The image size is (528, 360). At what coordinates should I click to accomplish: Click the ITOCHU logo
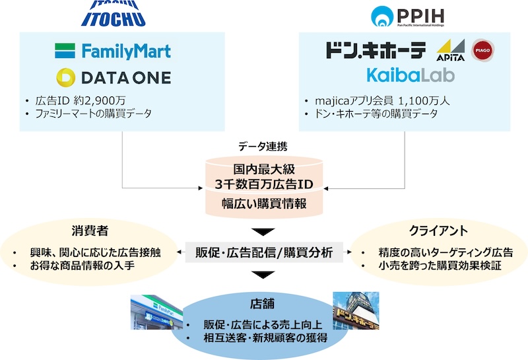coord(113,13)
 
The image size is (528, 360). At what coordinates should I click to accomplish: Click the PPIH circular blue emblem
coord(382,16)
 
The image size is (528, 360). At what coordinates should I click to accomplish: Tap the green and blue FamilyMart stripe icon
coord(65,51)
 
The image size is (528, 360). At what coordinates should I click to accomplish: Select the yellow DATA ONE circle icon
coord(65,77)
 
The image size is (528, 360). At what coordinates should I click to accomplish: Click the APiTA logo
coord(451,50)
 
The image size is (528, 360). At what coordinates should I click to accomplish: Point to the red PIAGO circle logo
coord(482,50)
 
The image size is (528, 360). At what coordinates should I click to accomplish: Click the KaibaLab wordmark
coord(411,75)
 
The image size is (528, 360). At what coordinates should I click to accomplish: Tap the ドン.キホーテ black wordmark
coord(376,50)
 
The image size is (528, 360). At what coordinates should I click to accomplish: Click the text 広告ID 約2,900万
coord(81,100)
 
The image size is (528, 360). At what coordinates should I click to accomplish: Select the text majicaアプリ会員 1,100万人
coord(382,100)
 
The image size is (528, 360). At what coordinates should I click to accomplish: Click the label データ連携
coord(263,146)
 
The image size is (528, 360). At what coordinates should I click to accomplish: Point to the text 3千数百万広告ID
coord(264,184)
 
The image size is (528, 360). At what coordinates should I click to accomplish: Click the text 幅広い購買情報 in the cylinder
coord(264,203)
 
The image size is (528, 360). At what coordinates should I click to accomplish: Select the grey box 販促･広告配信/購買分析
coord(264,252)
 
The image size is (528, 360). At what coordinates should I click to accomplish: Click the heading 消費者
coord(90,231)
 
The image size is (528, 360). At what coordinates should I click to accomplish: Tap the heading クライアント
coord(438,231)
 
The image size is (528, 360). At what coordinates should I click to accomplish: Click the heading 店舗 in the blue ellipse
coord(262,304)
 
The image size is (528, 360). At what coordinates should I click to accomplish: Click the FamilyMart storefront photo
coord(157,312)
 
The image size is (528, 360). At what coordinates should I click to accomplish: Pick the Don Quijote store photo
coord(356,310)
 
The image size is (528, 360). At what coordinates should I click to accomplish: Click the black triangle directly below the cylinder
coord(263,232)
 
